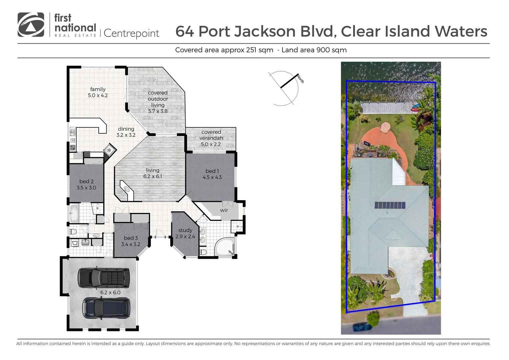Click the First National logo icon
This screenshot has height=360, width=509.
pos(31,25)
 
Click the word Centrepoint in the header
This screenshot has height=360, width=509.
pos(131,33)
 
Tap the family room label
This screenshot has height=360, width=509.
pos(98,92)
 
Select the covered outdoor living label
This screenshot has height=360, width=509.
pos(158,102)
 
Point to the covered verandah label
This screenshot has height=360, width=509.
pos(211,138)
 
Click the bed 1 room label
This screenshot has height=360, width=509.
pos(212,174)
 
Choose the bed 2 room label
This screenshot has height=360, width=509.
pos(86,184)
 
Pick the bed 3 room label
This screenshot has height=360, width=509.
pos(131,241)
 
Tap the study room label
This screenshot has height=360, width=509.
pos(185,233)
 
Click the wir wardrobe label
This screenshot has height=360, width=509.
pos(224,210)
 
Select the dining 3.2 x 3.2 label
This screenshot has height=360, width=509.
pos(126,132)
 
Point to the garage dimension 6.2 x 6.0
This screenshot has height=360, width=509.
pos(110,292)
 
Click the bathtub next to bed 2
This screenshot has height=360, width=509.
pos(74,213)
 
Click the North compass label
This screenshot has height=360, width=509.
pos(300,80)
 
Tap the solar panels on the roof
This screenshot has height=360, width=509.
pos(390,205)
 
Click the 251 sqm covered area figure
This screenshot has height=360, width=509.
pos(259,50)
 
